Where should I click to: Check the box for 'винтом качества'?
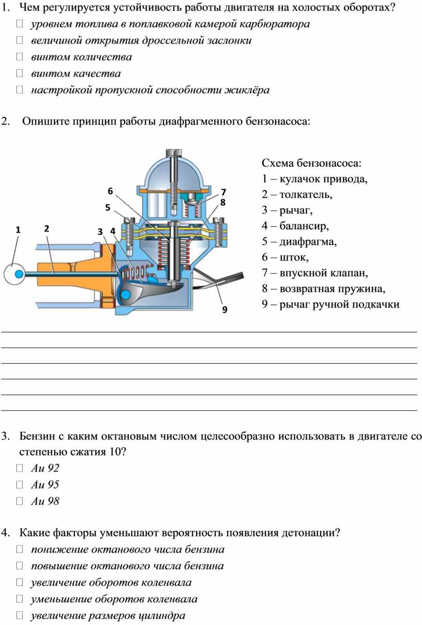click(x=20, y=73)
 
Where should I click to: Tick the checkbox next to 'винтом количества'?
click(x=20, y=57)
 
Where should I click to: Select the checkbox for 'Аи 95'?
click(x=20, y=485)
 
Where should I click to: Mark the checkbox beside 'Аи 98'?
click(x=20, y=502)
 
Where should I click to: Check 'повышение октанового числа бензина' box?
click(x=20, y=566)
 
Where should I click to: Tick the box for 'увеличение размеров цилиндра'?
click(x=20, y=615)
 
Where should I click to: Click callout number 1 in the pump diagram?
click(x=18, y=230)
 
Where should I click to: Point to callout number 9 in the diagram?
click(x=224, y=309)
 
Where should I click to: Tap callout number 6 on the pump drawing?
click(x=110, y=191)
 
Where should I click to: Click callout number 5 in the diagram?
click(x=108, y=208)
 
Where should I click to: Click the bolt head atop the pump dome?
click(x=174, y=152)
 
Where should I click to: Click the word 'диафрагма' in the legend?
click(x=308, y=242)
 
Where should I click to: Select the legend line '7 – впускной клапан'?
click(x=315, y=273)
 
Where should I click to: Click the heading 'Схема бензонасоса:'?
click(x=312, y=163)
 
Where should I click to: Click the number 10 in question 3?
click(x=115, y=452)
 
